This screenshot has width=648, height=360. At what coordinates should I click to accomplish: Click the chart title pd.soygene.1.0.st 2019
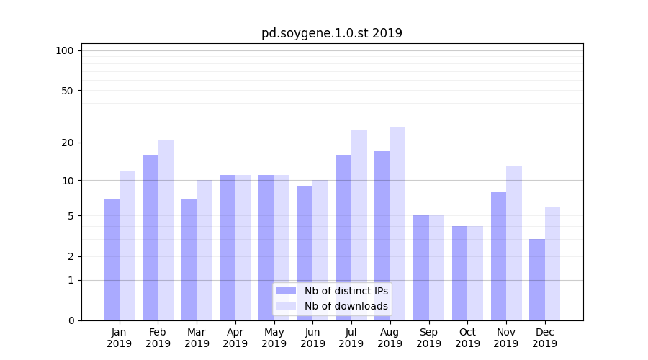pyautogui.click(x=331, y=33)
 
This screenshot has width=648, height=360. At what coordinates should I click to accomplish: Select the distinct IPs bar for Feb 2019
pyautogui.click(x=150, y=238)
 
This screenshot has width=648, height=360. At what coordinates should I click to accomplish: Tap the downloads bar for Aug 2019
pyautogui.click(x=397, y=224)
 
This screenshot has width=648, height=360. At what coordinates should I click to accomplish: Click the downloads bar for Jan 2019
pyautogui.click(x=127, y=246)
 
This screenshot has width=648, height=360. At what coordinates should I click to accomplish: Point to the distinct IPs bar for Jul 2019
pyautogui.click(x=343, y=238)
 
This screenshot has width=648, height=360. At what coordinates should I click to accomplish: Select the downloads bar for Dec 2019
pyautogui.click(x=552, y=264)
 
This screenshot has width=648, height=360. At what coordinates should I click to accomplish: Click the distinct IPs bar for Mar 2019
pyautogui.click(x=189, y=259)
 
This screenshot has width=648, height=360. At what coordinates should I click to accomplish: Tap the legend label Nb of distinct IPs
pyautogui.click(x=346, y=291)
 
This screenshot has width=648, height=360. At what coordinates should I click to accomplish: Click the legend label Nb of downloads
pyautogui.click(x=346, y=306)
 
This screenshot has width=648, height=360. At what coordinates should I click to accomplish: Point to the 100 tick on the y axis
pyautogui.click(x=65, y=50)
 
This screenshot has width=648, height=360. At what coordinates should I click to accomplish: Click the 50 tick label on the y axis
pyautogui.click(x=68, y=91)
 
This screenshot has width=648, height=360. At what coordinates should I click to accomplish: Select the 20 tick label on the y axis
pyautogui.click(x=68, y=143)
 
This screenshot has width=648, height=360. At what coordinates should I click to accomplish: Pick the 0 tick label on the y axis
pyautogui.click(x=71, y=320)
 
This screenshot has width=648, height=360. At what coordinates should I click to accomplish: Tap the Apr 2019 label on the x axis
pyautogui.click(x=235, y=338)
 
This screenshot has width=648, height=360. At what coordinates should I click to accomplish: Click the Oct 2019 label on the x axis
pyautogui.click(x=467, y=338)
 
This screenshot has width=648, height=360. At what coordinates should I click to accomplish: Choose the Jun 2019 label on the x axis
pyautogui.click(x=312, y=338)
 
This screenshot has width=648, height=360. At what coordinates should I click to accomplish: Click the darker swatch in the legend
pyautogui.click(x=286, y=291)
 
